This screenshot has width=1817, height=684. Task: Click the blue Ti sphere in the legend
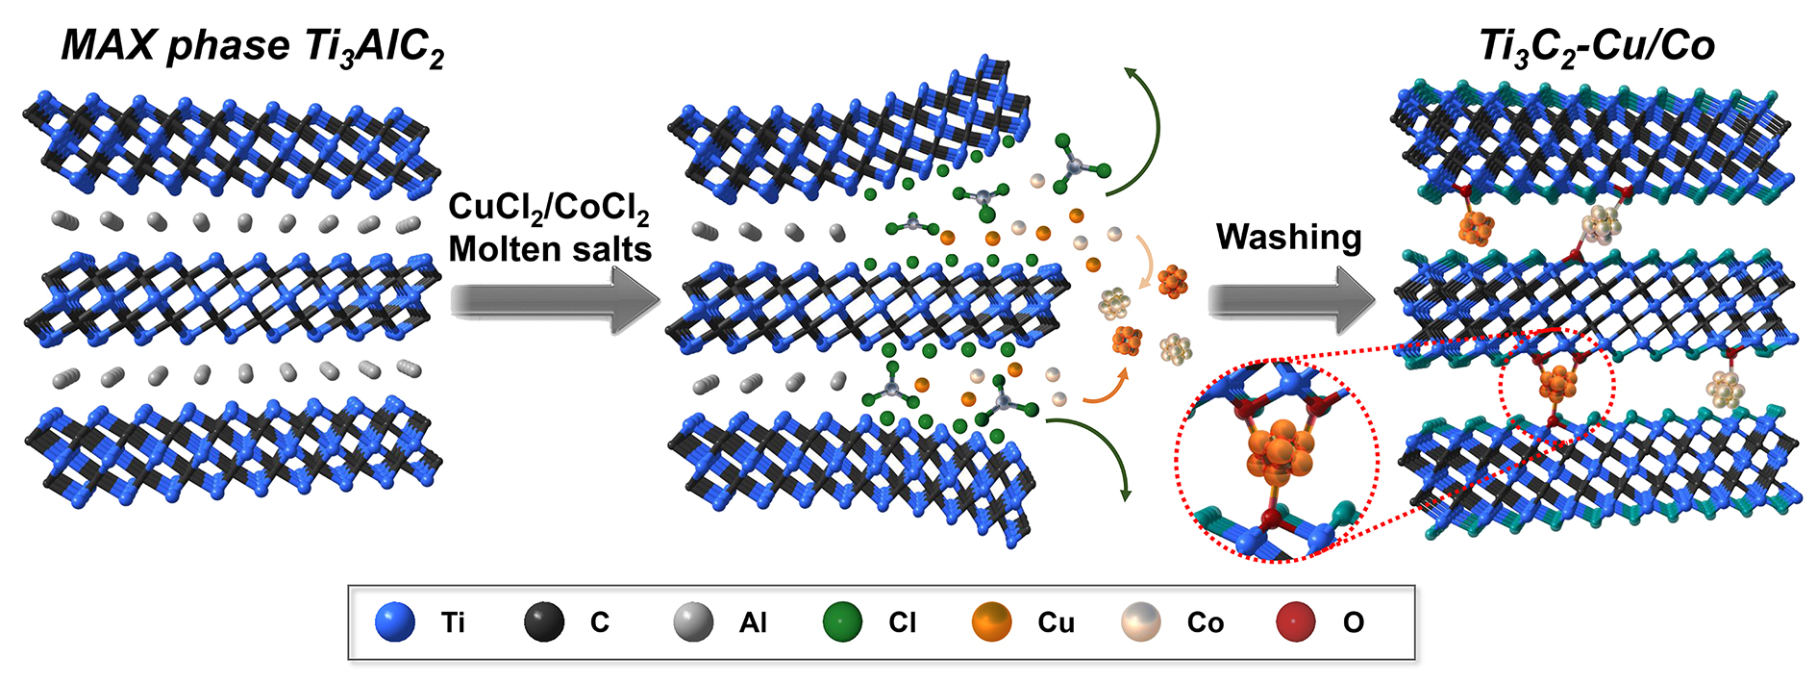395,622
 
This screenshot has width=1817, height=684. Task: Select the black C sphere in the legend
544,622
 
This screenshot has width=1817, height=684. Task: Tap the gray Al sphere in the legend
693,622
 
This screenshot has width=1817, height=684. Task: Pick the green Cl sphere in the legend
843,622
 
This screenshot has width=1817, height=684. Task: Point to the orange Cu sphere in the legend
992,622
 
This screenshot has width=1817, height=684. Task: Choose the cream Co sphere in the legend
1141,622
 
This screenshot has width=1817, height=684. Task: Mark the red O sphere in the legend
1295,622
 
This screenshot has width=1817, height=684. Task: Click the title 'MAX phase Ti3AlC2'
253,47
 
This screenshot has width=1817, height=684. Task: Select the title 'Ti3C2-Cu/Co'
1596,47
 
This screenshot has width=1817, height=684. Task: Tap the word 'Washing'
1288,237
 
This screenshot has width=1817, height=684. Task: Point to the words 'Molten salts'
550,249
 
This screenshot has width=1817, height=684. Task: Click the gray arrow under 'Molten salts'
555,300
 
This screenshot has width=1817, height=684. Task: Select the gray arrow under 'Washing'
1290,301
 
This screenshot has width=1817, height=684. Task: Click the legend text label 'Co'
1205,623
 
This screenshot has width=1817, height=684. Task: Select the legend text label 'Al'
753,623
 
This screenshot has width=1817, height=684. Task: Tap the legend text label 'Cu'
1056,623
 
